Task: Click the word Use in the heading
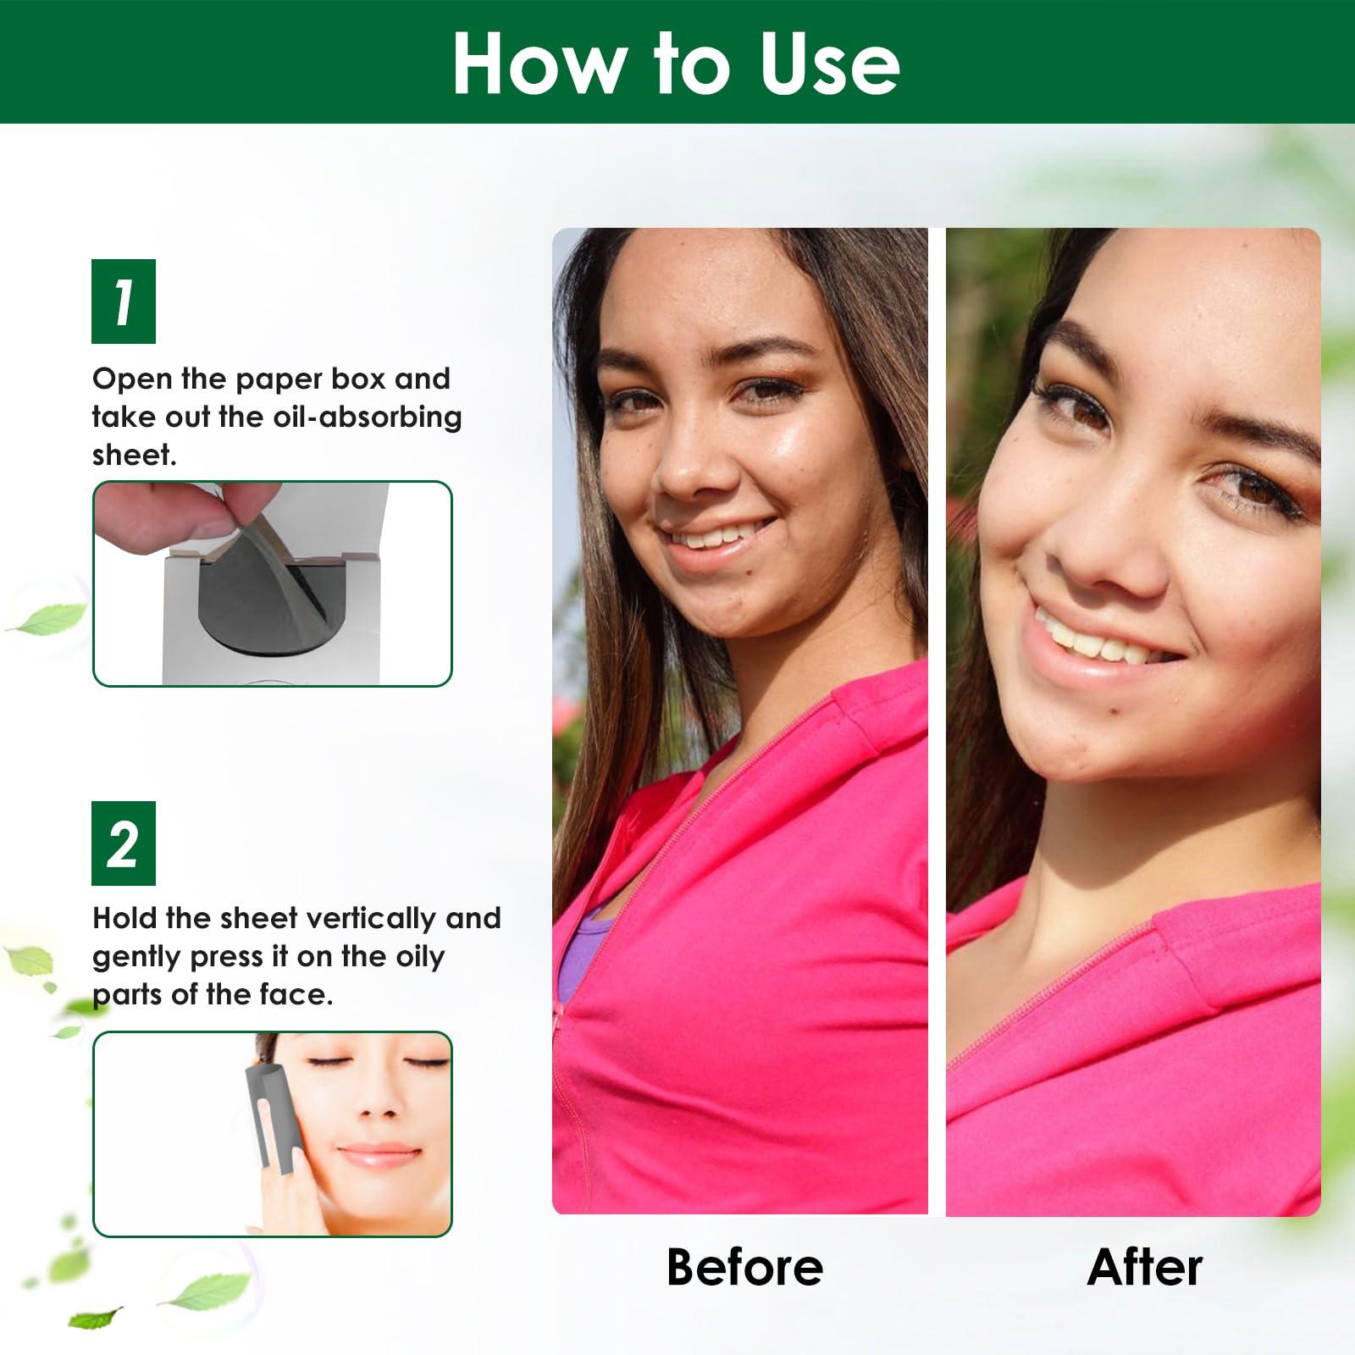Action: [829, 64]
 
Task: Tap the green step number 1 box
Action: [124, 301]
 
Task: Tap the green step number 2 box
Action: [124, 843]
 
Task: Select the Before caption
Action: [744, 1267]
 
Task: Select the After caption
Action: [1144, 1267]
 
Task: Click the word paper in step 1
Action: [279, 379]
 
